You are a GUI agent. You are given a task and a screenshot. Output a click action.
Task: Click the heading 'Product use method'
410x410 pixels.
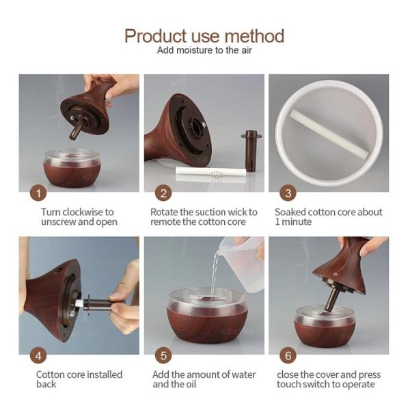[204, 36]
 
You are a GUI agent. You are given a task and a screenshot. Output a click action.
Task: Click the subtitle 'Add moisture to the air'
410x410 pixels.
[204, 51]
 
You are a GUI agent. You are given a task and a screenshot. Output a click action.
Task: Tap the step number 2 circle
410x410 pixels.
[163, 193]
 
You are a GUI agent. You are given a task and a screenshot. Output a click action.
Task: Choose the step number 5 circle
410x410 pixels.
[163, 355]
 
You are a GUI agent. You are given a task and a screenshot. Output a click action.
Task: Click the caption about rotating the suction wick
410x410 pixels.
[204, 217]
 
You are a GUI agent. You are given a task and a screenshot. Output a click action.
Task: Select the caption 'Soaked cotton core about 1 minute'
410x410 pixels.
[328, 217]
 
